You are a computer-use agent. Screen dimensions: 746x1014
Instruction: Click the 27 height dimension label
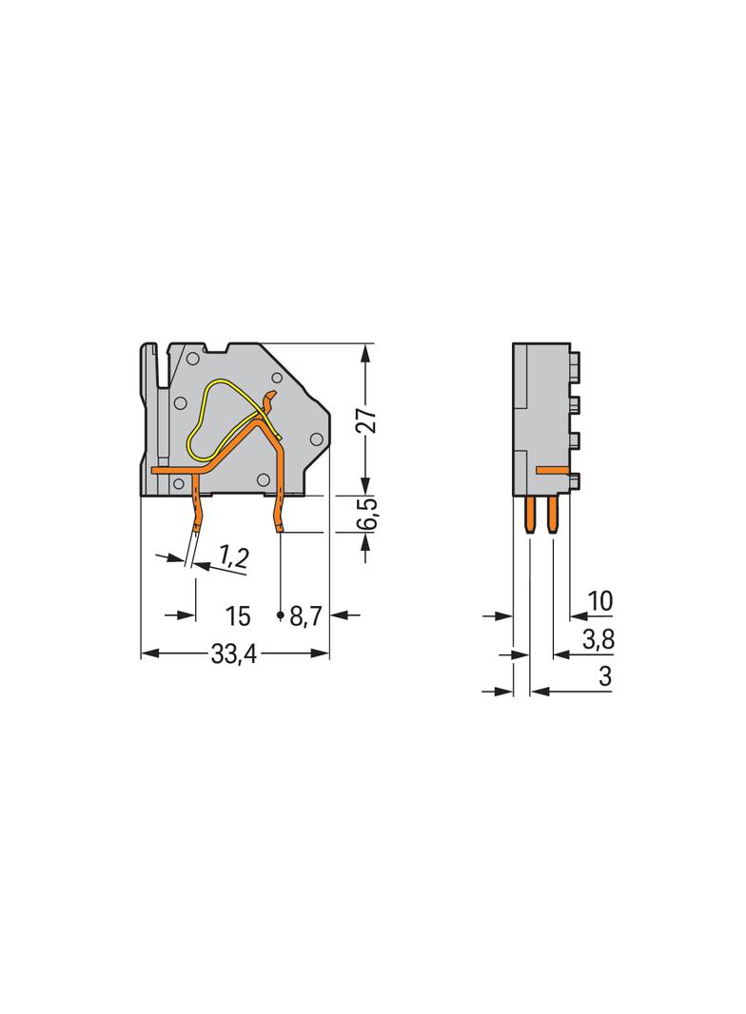(367, 420)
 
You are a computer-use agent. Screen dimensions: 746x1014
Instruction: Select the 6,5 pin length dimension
(367, 514)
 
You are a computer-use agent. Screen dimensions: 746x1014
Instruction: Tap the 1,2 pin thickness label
(233, 556)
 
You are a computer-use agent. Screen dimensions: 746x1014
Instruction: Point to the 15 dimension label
(238, 616)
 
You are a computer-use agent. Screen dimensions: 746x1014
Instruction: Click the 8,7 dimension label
(305, 616)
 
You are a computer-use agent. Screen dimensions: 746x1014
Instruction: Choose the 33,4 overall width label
(233, 654)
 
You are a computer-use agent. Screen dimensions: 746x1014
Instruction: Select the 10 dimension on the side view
(599, 601)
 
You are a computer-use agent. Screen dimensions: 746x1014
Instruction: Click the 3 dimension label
(605, 676)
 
